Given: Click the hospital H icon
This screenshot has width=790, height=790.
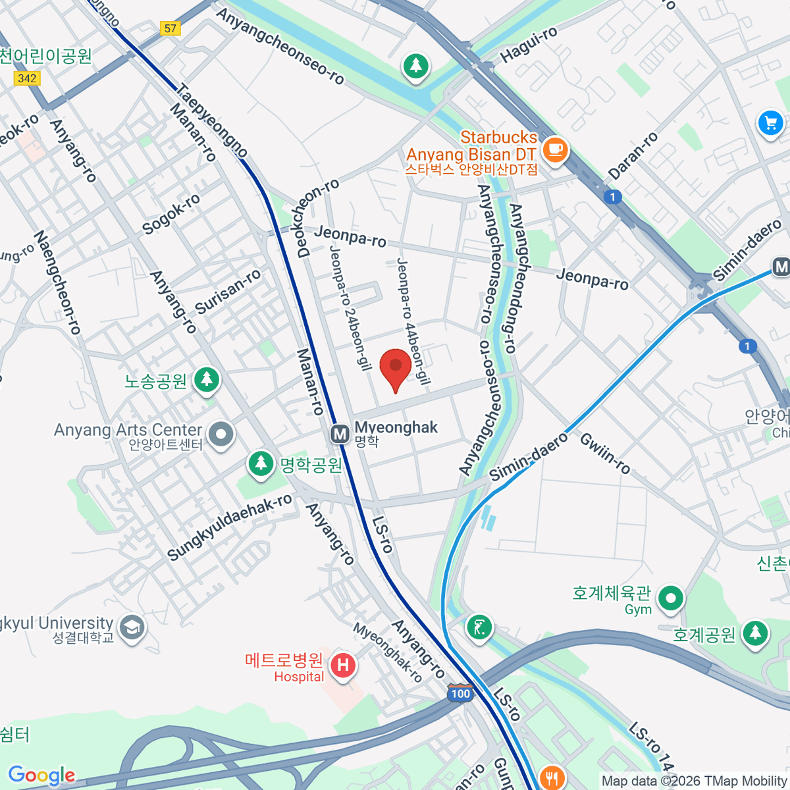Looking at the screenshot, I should (342, 665).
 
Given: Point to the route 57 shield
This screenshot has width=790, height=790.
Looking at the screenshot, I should (171, 28).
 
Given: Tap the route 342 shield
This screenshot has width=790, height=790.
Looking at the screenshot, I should (27, 78).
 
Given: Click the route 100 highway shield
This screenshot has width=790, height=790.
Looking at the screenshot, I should (461, 693).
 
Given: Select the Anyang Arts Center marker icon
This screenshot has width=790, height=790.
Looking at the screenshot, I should (221, 434).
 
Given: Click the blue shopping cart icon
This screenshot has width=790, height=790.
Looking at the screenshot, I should (770, 123).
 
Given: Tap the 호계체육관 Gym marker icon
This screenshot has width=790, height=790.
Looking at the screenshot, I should (671, 599).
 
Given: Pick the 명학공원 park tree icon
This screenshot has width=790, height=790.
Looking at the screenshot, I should (261, 463).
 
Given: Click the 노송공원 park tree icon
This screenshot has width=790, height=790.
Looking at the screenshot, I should (207, 380).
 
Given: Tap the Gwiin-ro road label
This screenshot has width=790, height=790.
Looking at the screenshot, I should (605, 454).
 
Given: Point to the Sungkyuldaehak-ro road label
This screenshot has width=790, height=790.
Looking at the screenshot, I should (230, 527).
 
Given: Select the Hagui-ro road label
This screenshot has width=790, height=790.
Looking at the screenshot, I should (529, 45).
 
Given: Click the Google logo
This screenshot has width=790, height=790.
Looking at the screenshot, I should (41, 776).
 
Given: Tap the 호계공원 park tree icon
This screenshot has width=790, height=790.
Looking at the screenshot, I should (755, 633).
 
